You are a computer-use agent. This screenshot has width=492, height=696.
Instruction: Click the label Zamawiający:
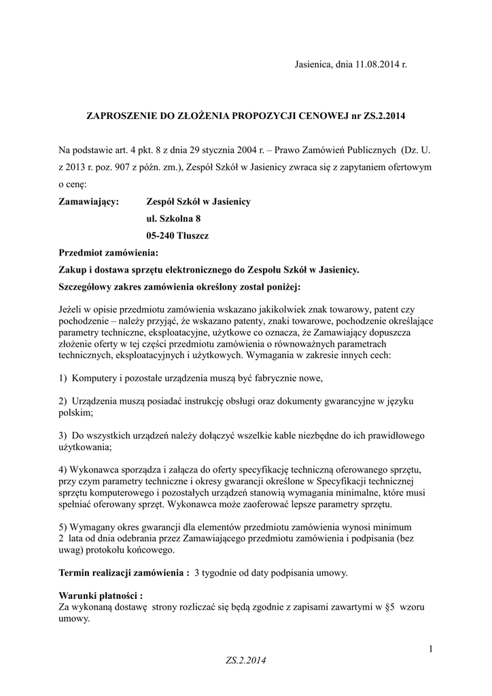89,202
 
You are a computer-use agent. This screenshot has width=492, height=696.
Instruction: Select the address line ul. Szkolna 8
173,219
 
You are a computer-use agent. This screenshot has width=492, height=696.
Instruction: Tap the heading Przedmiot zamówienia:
108,253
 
